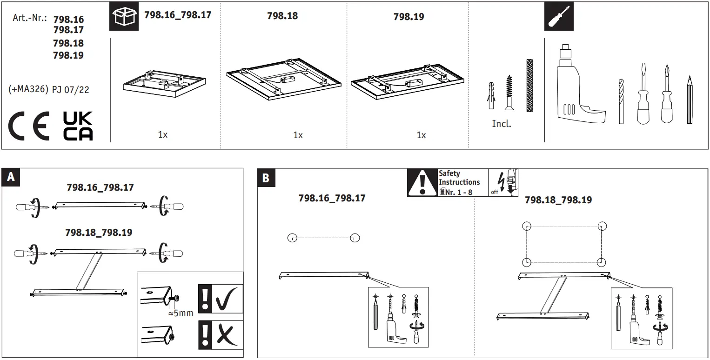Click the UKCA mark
pos(78,126)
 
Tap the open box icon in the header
pos(124,16)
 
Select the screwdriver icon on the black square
pos(559,16)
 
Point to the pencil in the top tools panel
pos(690,100)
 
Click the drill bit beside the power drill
pos(621,101)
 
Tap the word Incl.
pos(501,124)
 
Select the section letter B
pos(266,178)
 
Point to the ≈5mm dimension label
pos(180,313)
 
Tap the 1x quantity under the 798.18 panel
pos(298,135)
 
